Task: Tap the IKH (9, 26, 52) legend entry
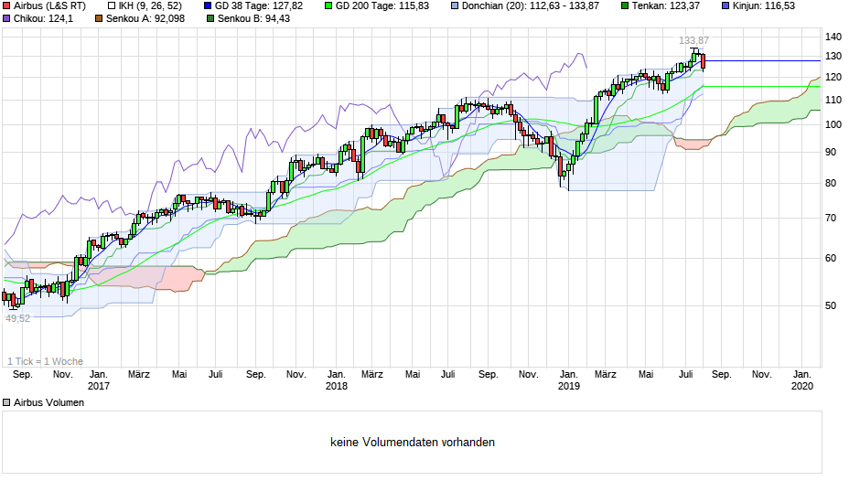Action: click(x=144, y=5)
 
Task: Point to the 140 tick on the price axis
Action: click(x=833, y=37)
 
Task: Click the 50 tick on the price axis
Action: click(x=830, y=305)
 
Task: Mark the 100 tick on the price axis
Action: click(x=833, y=124)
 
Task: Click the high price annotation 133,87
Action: click(x=693, y=41)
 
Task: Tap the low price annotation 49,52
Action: click(x=18, y=318)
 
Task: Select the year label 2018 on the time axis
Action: click(x=337, y=387)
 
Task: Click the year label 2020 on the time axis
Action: click(x=801, y=387)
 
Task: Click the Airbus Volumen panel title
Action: click(x=49, y=402)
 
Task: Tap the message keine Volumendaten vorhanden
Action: click(x=413, y=443)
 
